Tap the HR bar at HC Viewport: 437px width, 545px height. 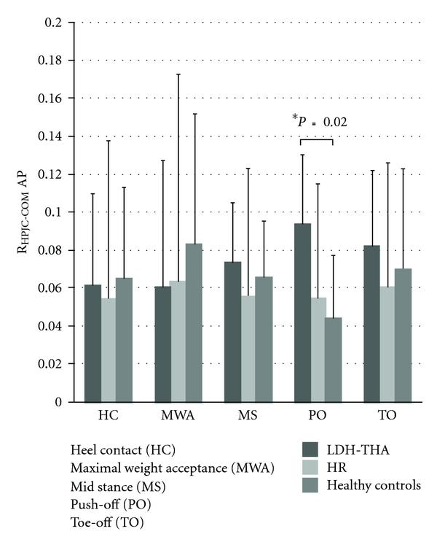[x=108, y=349]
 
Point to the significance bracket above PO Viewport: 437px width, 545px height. [x=317, y=140]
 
